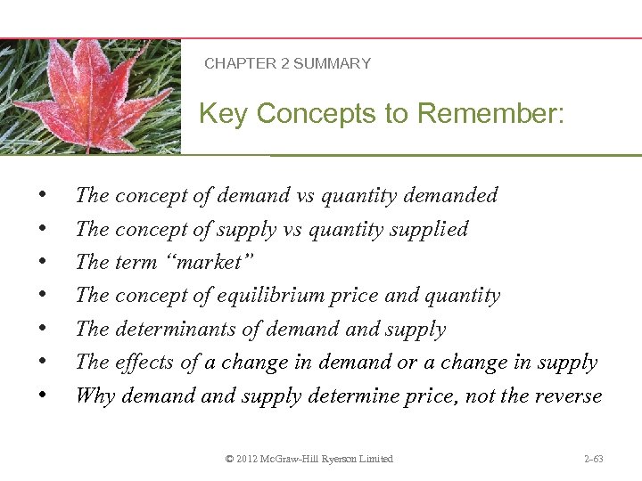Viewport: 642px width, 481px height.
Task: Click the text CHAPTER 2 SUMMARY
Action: pyautogui.click(x=287, y=63)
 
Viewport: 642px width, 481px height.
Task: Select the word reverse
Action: pyautogui.click(x=567, y=395)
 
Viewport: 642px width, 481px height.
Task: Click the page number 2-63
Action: pyautogui.click(x=593, y=459)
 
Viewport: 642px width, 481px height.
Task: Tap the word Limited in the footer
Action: pyautogui.click(x=374, y=459)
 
